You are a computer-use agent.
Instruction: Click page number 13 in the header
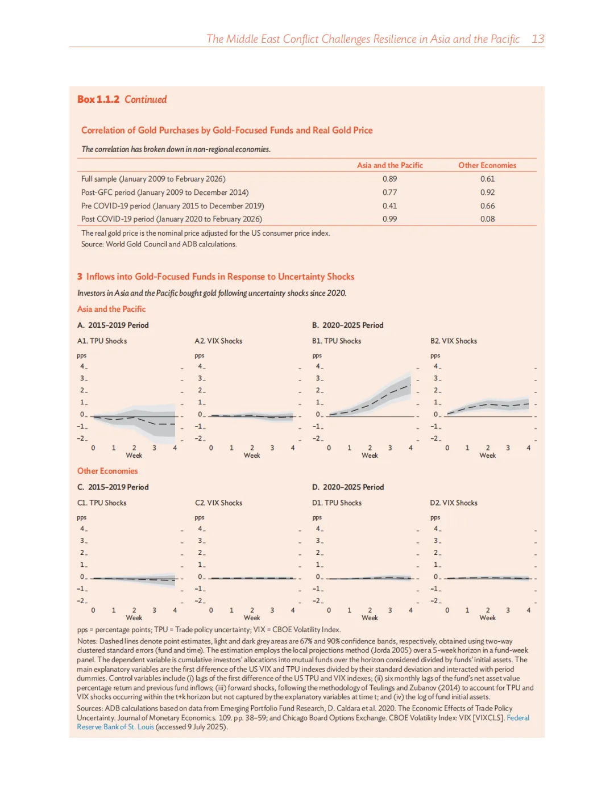[538, 39]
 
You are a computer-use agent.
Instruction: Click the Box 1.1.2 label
[98, 99]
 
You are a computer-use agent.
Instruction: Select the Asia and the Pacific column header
[389, 165]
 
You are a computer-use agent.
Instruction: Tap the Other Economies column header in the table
[487, 165]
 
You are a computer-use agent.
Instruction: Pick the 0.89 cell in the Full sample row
[389, 179]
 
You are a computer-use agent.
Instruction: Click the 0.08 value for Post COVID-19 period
[487, 219]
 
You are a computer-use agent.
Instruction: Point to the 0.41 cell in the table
[389, 206]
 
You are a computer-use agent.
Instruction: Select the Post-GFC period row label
[164, 193]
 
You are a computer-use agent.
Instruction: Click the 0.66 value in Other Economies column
[487, 206]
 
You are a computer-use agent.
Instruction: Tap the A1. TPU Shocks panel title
[102, 341]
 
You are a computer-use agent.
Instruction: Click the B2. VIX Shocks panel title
[453, 341]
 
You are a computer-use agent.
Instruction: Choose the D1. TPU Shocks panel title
[337, 503]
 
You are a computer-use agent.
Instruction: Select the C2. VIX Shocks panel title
[218, 503]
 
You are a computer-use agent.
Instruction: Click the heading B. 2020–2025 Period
[347, 325]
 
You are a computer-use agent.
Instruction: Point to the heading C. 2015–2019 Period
[113, 487]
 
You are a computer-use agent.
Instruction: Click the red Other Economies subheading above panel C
[107, 471]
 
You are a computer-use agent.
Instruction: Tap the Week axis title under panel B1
[370, 455]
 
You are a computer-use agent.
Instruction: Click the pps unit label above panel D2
[435, 517]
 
